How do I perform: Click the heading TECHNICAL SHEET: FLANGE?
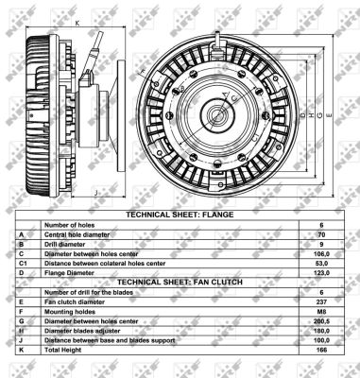[180, 215]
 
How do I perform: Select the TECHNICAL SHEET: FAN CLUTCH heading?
[180, 281]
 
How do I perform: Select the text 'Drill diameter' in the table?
[68, 243]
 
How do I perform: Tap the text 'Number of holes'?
[71, 224]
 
